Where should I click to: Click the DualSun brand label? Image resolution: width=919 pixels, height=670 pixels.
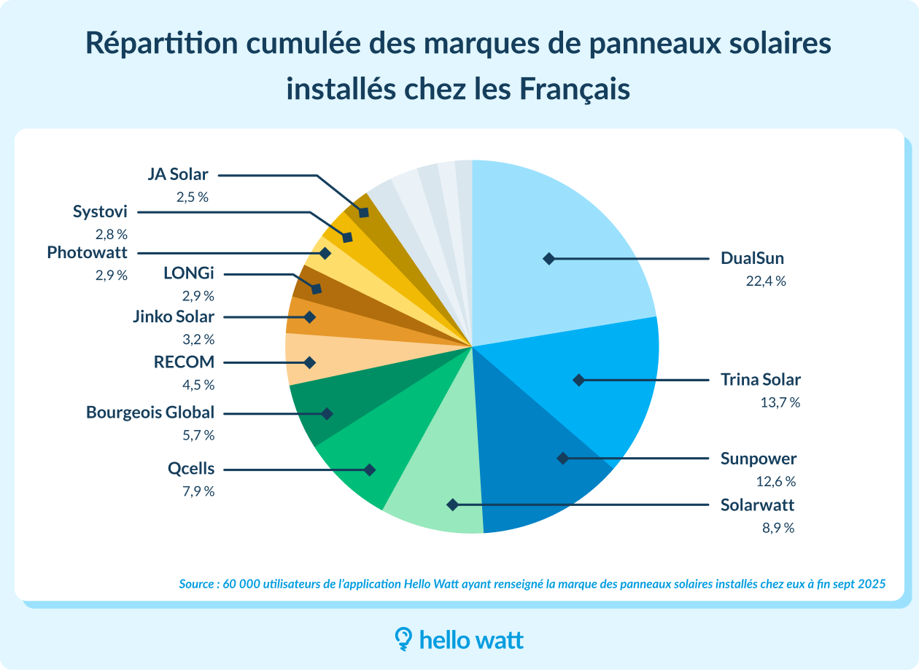tap(752, 259)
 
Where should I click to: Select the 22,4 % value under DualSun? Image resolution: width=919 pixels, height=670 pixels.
tap(765, 281)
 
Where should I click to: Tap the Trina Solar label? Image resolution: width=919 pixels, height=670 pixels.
tap(760, 380)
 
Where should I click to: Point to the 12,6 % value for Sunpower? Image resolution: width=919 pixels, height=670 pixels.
tap(775, 481)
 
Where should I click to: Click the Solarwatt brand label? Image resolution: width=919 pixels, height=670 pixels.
tap(757, 505)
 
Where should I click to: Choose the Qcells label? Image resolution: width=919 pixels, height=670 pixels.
tap(191, 470)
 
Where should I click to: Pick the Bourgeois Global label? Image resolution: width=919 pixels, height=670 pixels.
tap(150, 413)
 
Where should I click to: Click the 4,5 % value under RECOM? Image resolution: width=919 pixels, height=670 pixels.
tap(199, 385)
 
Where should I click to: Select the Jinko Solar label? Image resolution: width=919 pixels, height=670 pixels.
tap(174, 317)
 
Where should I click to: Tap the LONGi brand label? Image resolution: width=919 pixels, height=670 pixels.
tap(189, 274)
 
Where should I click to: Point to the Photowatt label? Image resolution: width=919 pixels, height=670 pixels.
tap(87, 253)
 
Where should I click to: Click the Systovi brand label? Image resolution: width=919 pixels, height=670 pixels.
tap(100, 212)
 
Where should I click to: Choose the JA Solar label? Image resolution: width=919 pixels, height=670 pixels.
tap(177, 175)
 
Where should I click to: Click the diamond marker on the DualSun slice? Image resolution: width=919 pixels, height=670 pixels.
tap(548, 259)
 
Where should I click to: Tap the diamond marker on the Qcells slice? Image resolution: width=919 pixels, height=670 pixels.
tap(370, 470)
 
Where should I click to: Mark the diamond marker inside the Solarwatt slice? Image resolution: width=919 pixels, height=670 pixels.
tap(452, 505)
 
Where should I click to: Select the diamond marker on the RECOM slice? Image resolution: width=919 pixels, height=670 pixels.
tap(309, 362)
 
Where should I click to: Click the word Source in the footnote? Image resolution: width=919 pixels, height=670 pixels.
tap(195, 584)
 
